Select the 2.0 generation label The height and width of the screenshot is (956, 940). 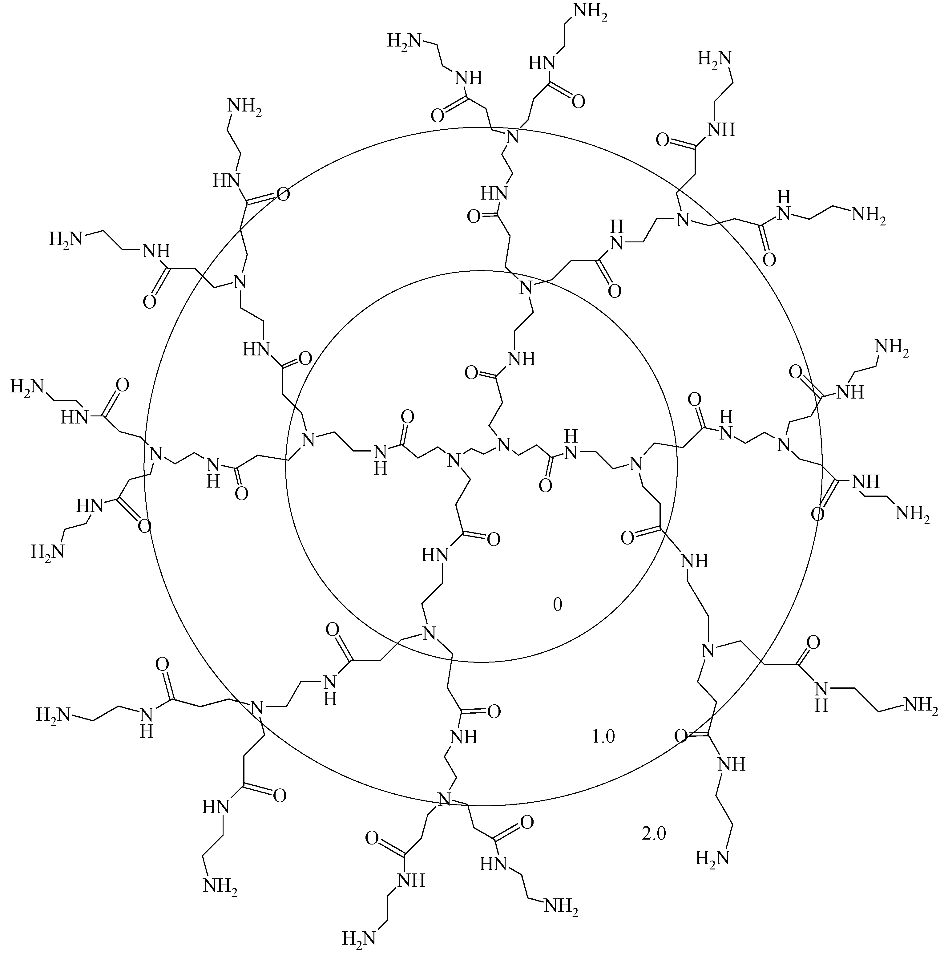pyautogui.click(x=654, y=834)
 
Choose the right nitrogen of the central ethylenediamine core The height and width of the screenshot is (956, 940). pyautogui.click(x=503, y=445)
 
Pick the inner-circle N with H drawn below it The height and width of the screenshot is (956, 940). pyautogui.click(x=380, y=458)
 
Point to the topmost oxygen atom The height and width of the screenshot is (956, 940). pyautogui.click(x=578, y=101)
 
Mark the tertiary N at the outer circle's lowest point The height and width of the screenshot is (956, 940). pyautogui.click(x=445, y=797)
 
